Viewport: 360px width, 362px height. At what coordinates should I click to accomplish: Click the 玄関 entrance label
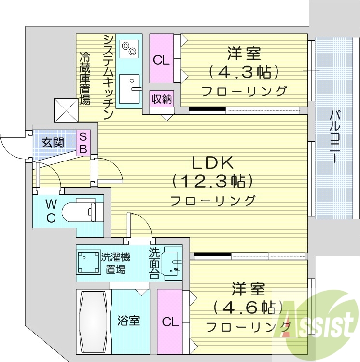[x=52, y=143]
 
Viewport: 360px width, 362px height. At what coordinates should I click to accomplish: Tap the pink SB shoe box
[x=83, y=143]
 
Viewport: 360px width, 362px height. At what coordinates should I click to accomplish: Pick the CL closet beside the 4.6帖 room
[x=168, y=321]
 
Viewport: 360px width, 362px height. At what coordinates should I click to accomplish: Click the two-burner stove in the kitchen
[x=129, y=48]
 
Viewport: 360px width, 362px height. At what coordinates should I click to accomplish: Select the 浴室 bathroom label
[x=129, y=320]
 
